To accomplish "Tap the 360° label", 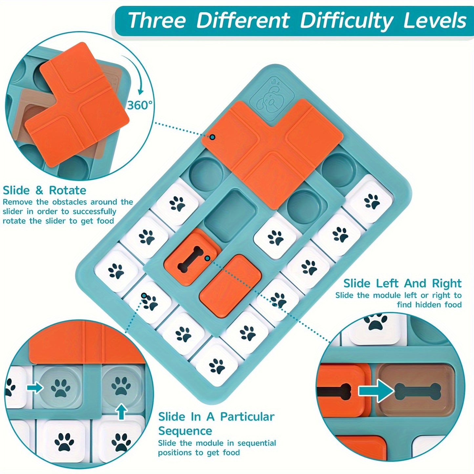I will click(140, 105).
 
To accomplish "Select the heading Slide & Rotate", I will click(44, 190).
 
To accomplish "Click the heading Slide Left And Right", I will click(402, 283).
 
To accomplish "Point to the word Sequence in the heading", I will click(185, 431).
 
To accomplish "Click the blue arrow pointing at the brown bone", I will click(376, 391).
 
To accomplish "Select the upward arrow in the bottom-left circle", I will click(122, 411).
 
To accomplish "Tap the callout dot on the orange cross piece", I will click(213, 137).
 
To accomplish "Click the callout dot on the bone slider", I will click(207, 258).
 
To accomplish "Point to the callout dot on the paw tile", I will click(144, 296).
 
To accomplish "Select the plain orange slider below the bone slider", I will click(230, 286).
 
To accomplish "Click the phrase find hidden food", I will click(429, 305).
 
